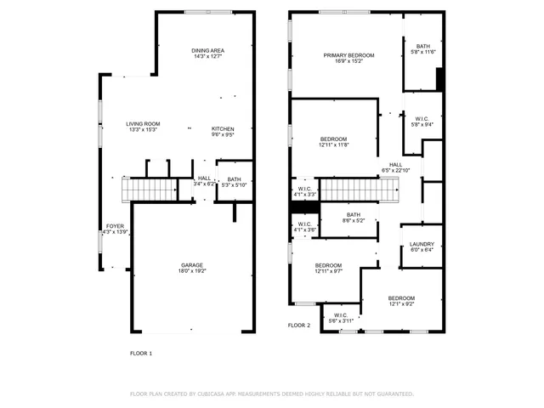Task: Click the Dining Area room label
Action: (x=208, y=51)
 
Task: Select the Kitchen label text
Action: (x=223, y=128)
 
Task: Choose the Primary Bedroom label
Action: (x=348, y=55)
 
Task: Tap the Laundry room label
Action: (x=422, y=244)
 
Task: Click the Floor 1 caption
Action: (x=140, y=353)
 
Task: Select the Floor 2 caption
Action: (x=299, y=326)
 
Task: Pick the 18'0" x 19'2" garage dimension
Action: (x=192, y=271)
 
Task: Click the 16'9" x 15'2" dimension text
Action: (x=348, y=61)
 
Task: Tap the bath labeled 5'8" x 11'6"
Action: (x=422, y=49)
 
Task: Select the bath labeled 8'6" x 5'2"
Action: (x=354, y=218)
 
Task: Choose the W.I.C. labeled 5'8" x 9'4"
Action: (x=422, y=122)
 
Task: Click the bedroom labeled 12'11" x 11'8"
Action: (x=333, y=142)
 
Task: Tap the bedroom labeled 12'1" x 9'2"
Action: (x=401, y=300)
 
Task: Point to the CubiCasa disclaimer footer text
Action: (x=271, y=394)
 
